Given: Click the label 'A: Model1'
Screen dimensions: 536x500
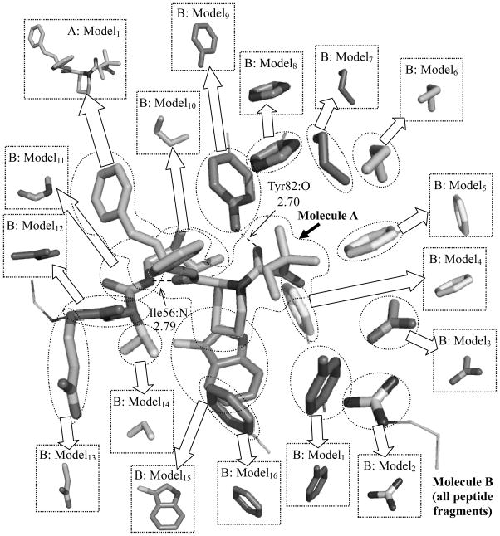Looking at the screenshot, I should (x=90, y=33).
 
